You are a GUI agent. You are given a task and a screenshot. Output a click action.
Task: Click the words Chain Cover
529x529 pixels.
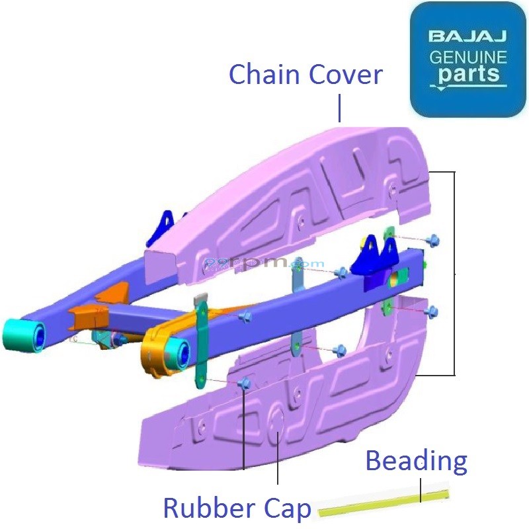305,75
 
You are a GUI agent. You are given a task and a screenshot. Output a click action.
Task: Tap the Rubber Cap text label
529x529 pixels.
236,509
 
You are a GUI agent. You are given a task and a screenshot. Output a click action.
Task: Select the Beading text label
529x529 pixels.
416,461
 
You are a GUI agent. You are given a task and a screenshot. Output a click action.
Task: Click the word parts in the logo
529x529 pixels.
468,74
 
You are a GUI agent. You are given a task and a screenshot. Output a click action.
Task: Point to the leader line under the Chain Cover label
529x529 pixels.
339,108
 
